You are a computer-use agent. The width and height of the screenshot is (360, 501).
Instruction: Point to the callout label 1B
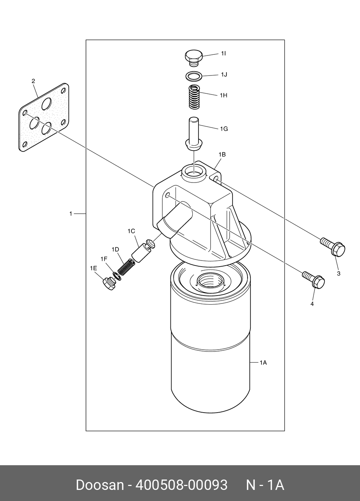pyautogui.click(x=222, y=155)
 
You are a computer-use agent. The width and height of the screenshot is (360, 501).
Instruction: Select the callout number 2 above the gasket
pyautogui.click(x=33, y=81)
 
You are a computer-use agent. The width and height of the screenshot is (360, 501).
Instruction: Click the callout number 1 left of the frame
pyautogui.click(x=71, y=214)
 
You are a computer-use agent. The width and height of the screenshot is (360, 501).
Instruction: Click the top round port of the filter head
pyautogui.click(x=194, y=170)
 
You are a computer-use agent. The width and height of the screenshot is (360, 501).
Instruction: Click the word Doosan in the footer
pyautogui.click(x=99, y=485)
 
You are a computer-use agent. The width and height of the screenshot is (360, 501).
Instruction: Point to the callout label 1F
pyautogui.click(x=104, y=259)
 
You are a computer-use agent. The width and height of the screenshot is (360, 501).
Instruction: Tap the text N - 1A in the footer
pyautogui.click(x=265, y=485)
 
